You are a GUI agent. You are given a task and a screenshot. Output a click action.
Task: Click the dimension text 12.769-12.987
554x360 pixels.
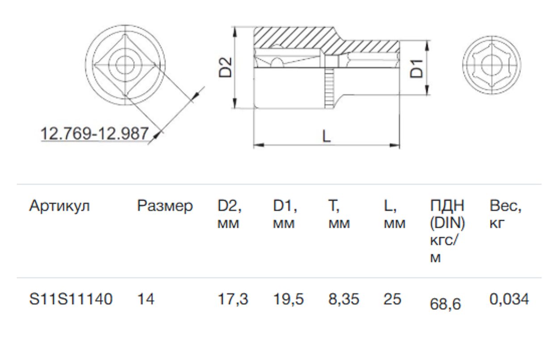[94, 133]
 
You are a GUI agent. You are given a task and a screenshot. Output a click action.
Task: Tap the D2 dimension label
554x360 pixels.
[225, 67]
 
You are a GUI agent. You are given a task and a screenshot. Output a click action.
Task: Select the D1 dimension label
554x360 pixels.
[416, 69]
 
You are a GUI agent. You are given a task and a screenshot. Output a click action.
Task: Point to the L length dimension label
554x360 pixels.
[327, 136]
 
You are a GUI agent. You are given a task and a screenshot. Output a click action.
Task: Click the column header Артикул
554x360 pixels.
[59, 206]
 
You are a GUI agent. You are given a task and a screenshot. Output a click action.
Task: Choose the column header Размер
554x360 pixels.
[165, 206]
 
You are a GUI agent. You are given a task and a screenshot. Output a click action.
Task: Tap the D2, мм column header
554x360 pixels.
[230, 214]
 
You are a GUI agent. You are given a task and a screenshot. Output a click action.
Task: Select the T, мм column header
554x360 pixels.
[339, 214]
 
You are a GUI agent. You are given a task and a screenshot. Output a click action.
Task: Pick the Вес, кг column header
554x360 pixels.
[505, 214]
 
